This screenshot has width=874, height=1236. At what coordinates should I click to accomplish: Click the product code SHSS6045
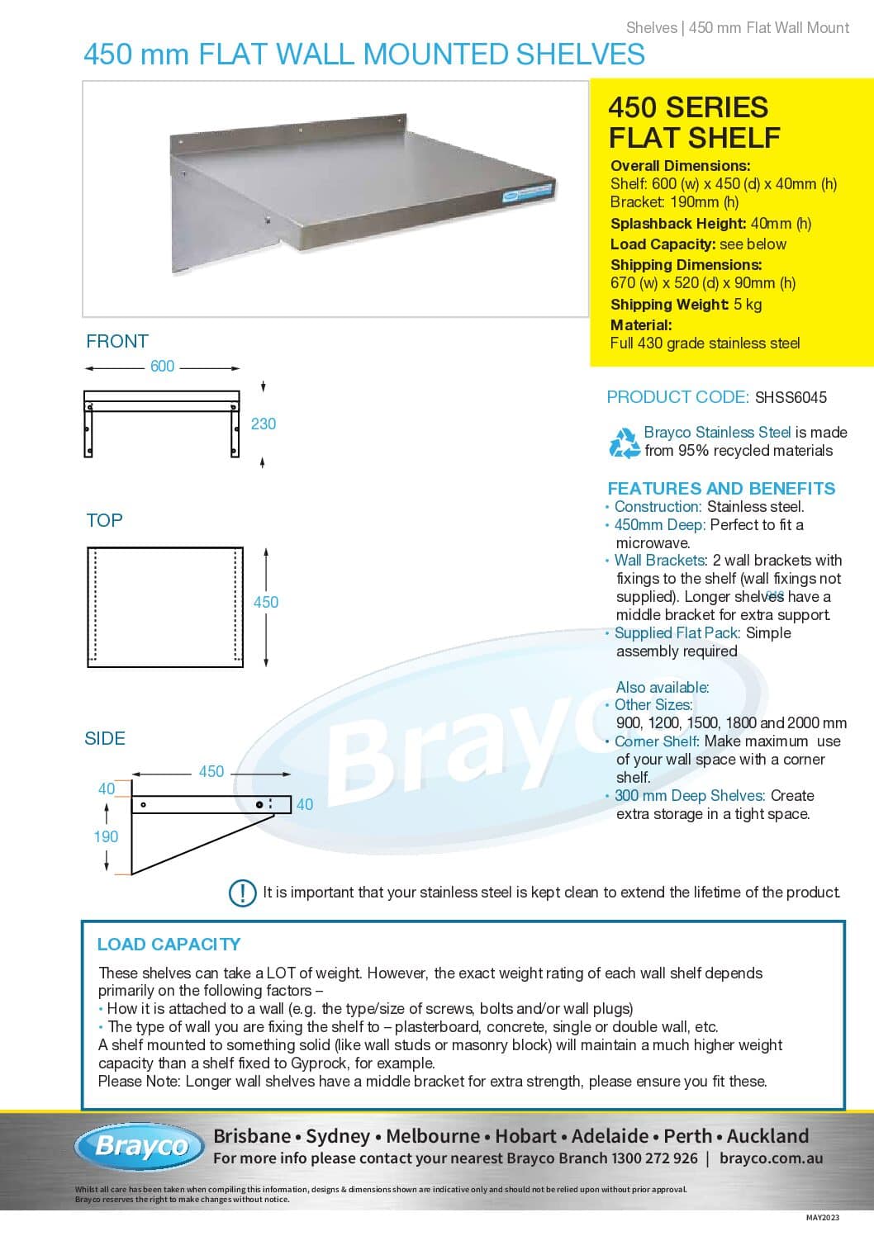click(x=790, y=397)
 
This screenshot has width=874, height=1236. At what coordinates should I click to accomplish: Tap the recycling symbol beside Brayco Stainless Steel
click(x=625, y=443)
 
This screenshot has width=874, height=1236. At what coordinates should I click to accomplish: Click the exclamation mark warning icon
click(x=242, y=893)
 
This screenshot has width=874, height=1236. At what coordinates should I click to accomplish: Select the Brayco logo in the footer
click(x=140, y=1146)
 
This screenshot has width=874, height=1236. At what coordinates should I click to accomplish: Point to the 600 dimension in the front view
click(x=163, y=367)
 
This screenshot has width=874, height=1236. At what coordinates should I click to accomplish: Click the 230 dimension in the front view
click(x=264, y=424)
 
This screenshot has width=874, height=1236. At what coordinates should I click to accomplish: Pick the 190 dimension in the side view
click(x=106, y=836)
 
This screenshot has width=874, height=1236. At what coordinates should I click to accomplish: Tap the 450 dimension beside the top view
click(x=266, y=602)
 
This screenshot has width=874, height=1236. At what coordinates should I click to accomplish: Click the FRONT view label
click(x=117, y=341)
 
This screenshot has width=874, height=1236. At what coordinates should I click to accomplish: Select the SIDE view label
click(x=105, y=739)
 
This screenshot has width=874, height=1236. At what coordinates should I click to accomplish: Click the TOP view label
click(x=105, y=520)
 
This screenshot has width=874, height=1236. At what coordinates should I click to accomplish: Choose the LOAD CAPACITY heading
click(x=169, y=944)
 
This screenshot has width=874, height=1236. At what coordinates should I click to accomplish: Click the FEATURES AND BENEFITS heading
click(x=721, y=488)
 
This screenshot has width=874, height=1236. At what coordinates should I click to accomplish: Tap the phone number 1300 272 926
click(x=654, y=1158)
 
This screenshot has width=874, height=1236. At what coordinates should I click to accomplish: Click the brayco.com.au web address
click(x=771, y=1158)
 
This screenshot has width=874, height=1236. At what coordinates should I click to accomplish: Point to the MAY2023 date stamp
click(x=823, y=1218)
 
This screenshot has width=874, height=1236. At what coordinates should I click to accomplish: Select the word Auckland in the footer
click(x=767, y=1136)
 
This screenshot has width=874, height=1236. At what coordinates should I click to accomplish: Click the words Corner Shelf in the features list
click(x=657, y=741)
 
